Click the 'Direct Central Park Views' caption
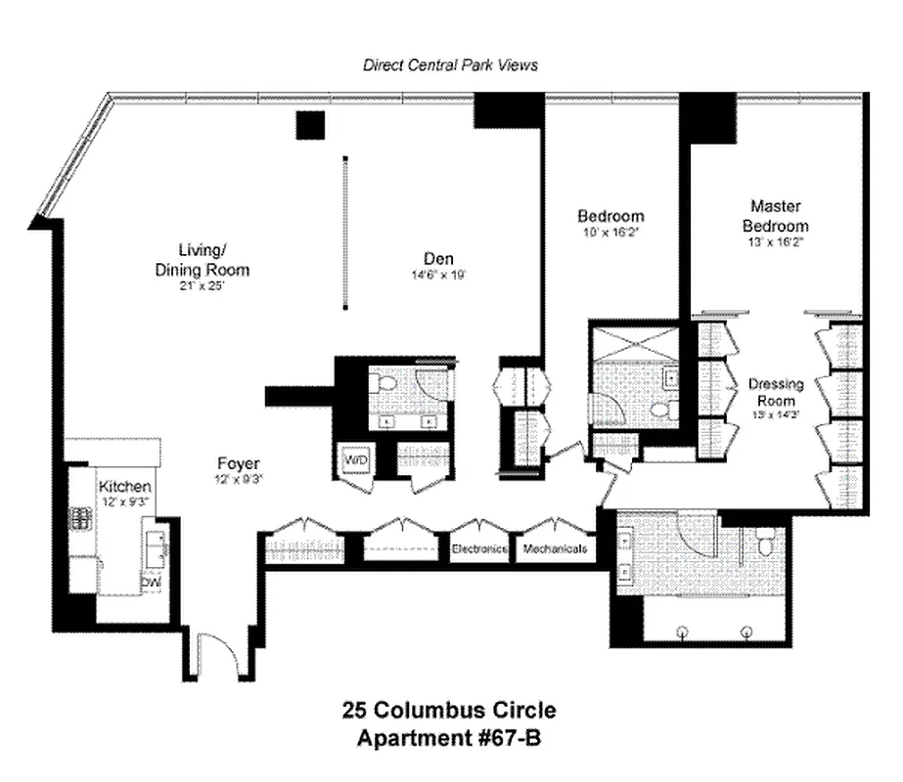tap(450, 65)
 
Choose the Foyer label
tap(240, 463)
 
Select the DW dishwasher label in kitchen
tap(151, 583)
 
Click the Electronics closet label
tap(479, 549)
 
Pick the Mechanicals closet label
tap(555, 549)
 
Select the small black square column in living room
tap(310, 125)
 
